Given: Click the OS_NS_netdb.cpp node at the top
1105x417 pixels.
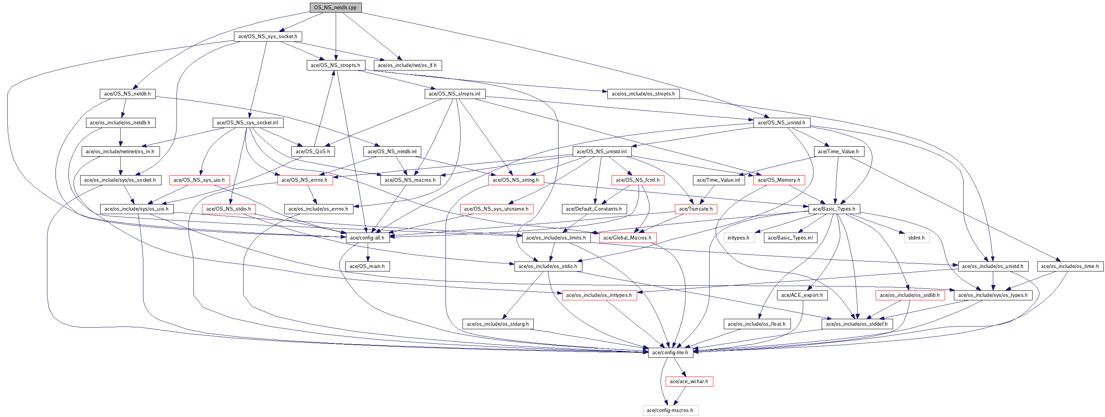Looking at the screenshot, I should (x=335, y=7).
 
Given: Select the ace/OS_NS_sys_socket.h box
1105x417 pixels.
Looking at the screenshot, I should (x=267, y=37).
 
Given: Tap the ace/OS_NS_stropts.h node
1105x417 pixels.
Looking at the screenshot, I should (x=335, y=65).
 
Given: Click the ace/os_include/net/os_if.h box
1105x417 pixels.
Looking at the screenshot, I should (x=407, y=65).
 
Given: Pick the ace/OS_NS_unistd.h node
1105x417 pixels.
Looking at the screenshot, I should (x=781, y=122).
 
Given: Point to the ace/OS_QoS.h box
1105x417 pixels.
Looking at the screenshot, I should (x=313, y=151).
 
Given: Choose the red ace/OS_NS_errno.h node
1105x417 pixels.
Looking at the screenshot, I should (x=304, y=180).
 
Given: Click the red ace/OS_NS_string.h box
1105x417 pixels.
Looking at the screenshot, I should (x=516, y=180).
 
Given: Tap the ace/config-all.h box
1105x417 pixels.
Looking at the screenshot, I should (x=367, y=238).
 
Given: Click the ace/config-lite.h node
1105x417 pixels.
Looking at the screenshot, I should (x=670, y=353).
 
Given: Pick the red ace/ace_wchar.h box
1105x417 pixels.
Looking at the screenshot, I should (x=689, y=382).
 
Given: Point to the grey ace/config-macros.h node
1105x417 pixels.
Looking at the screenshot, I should (x=670, y=410).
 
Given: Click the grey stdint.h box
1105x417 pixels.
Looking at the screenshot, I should (x=917, y=238).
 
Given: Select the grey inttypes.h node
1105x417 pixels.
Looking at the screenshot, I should (x=738, y=238).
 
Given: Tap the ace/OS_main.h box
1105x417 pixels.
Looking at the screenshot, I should (x=367, y=266).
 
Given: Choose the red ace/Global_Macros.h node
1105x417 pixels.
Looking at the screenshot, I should (x=627, y=238).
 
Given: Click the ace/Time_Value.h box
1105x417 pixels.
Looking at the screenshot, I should (x=838, y=151).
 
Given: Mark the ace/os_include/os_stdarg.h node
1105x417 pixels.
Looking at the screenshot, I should (x=498, y=324).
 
